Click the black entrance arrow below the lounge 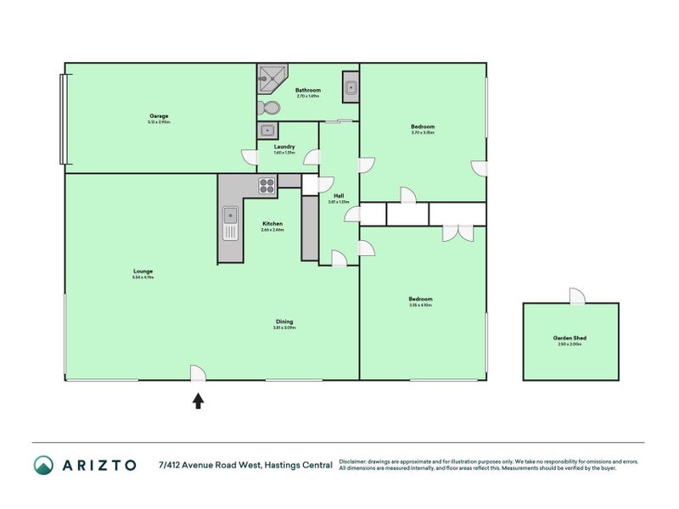198,400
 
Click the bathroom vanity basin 351,85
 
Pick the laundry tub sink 267,130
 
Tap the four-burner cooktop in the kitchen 267,184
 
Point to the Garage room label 159,116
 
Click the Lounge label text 142,271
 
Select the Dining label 284,322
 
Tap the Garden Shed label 570,338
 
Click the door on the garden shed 576,296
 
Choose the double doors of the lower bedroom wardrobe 457,233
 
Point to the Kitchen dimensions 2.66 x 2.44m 272,230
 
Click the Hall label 339,195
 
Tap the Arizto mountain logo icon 43,464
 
